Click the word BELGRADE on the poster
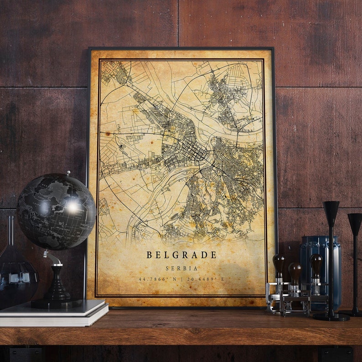(x=181, y=255)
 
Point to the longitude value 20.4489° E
(x=206, y=279)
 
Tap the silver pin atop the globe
(x=68, y=173)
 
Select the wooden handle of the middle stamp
(x=295, y=271)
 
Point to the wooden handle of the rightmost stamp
(x=315, y=263)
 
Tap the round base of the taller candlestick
(x=331, y=316)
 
